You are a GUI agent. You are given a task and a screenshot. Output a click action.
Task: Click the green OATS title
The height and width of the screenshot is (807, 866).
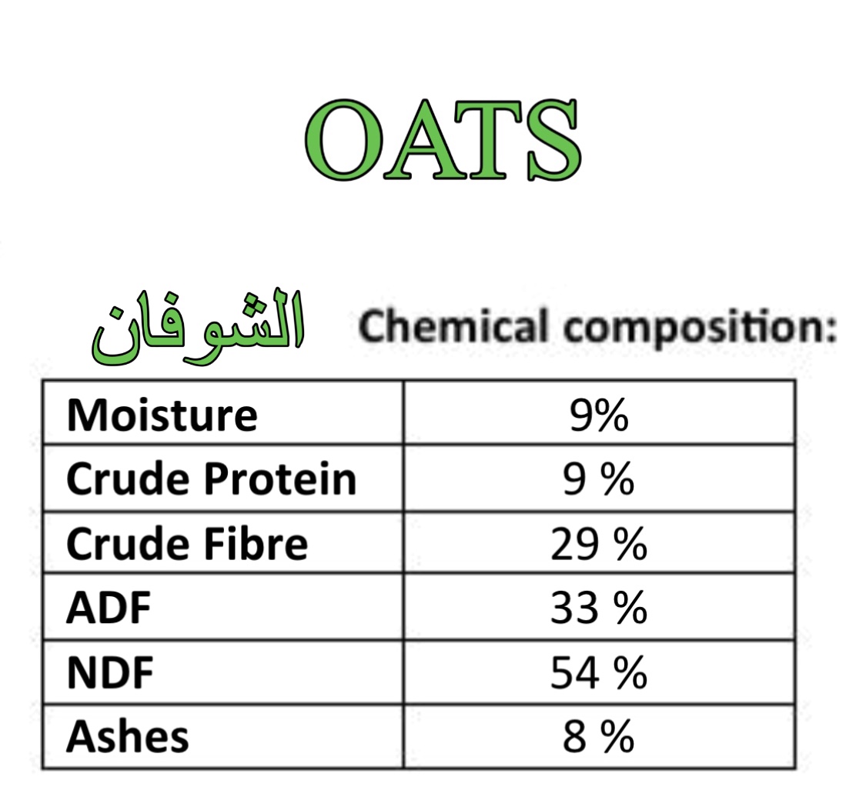[x=443, y=140]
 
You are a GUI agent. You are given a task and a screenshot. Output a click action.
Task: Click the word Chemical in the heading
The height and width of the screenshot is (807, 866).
[x=453, y=327]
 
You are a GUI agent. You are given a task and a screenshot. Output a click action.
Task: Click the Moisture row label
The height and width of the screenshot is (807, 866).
[x=162, y=415]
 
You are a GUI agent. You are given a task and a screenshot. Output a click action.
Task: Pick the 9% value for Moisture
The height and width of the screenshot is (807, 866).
[x=599, y=415]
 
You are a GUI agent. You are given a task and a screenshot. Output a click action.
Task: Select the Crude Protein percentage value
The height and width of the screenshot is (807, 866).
[x=599, y=479]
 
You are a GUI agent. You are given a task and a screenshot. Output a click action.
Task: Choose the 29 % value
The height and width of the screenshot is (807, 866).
[x=599, y=544]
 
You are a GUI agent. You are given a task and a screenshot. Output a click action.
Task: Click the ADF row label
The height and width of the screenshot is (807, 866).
[x=109, y=608]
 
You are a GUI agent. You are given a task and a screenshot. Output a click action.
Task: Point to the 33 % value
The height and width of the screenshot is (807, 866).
[x=599, y=608]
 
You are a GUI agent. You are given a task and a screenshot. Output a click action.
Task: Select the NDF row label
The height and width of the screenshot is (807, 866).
[x=110, y=673]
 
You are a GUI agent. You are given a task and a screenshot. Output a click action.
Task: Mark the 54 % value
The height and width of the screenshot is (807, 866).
[x=599, y=672]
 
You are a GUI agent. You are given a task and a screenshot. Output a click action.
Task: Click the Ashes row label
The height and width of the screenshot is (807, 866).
[x=128, y=736]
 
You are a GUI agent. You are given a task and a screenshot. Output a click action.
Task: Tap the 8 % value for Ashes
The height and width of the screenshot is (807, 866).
[x=599, y=736]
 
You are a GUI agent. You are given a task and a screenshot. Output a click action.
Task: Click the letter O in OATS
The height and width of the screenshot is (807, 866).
[x=344, y=140]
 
